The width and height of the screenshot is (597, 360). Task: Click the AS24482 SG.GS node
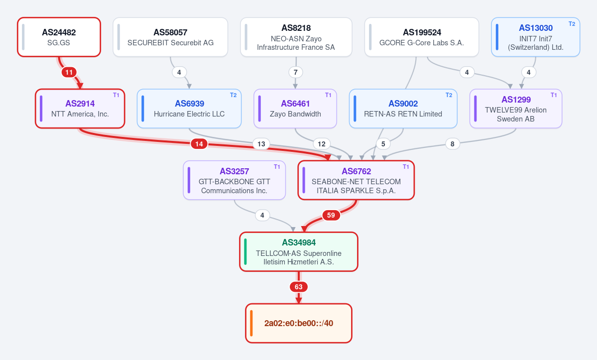coord(59,37)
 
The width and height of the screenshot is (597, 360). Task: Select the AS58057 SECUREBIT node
coord(170,37)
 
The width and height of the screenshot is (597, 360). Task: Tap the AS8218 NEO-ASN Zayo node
coord(296,37)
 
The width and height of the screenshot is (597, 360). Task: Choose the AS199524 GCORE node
coord(421,37)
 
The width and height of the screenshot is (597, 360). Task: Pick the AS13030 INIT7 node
coord(535,37)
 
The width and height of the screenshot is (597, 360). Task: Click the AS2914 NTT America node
coord(80,109)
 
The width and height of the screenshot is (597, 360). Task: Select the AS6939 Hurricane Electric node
coord(189,109)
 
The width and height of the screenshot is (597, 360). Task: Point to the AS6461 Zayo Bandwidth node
coord(295,109)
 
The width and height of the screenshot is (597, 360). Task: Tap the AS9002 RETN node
coord(403,109)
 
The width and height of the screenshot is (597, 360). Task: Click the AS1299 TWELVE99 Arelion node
coord(516,109)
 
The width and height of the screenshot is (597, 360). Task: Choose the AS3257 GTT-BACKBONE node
coord(234,180)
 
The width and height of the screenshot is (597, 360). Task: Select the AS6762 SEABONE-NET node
coord(356,180)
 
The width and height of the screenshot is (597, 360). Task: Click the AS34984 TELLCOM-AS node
coord(299,251)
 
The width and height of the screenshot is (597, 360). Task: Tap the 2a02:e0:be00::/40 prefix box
coord(299,323)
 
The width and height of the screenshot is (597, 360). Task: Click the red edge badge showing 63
coord(299,287)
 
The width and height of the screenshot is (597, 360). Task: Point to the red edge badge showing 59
coord(331,216)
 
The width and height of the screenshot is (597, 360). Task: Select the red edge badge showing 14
coord(199,144)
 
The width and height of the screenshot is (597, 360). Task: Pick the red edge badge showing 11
coord(69,72)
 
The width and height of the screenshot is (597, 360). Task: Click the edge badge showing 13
coord(261,144)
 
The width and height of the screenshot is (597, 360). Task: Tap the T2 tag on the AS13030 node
coord(572,23)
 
